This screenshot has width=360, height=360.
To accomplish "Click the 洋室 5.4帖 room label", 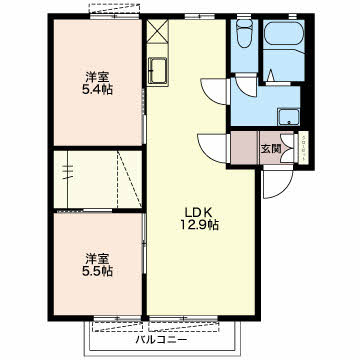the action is point(97,83).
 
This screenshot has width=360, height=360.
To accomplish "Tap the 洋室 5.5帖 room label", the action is point(97,265).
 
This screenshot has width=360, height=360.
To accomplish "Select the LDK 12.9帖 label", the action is point(199,219).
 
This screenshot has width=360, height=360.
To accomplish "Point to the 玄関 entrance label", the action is point(270,149).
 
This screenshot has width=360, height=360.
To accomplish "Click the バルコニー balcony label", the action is point(161,340).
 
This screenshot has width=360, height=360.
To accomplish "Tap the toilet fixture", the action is point(244,33).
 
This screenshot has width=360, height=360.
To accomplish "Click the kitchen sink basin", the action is point(157,70).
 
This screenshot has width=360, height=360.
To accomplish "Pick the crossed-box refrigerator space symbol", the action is point(157,31).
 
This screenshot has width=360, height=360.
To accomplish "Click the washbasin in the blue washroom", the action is point(289,117).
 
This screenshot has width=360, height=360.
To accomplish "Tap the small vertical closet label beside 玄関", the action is point(303,147).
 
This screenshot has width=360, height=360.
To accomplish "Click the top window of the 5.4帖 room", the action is point(114,16).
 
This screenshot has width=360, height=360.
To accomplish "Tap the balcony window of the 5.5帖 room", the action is point(117,319).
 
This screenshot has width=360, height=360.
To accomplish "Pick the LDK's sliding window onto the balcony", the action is point(184,319).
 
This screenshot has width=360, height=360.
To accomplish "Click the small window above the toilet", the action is point(244,16).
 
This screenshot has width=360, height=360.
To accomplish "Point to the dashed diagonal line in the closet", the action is point(130,179).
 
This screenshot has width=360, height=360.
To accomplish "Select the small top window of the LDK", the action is point(200,16).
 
